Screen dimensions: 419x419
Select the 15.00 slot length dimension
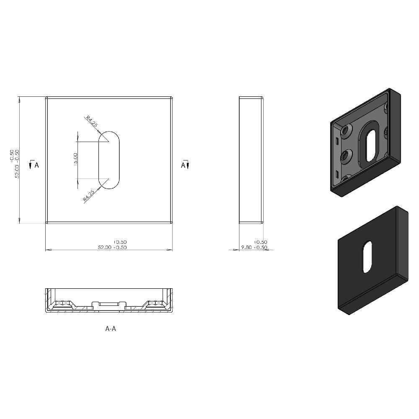point(75,159)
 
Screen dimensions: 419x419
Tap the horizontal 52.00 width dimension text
point(112,247)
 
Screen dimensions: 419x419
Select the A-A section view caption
point(110,329)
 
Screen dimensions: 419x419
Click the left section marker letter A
point(36,165)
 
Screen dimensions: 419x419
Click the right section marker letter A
point(183,165)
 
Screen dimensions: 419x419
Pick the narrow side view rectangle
point(251,160)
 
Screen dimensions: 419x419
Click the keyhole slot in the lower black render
point(367,256)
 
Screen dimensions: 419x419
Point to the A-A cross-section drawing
point(109,301)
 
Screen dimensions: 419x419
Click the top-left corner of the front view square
point(46,98)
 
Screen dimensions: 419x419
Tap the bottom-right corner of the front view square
point(172,223)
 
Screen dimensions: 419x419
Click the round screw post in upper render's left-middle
point(346,156)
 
